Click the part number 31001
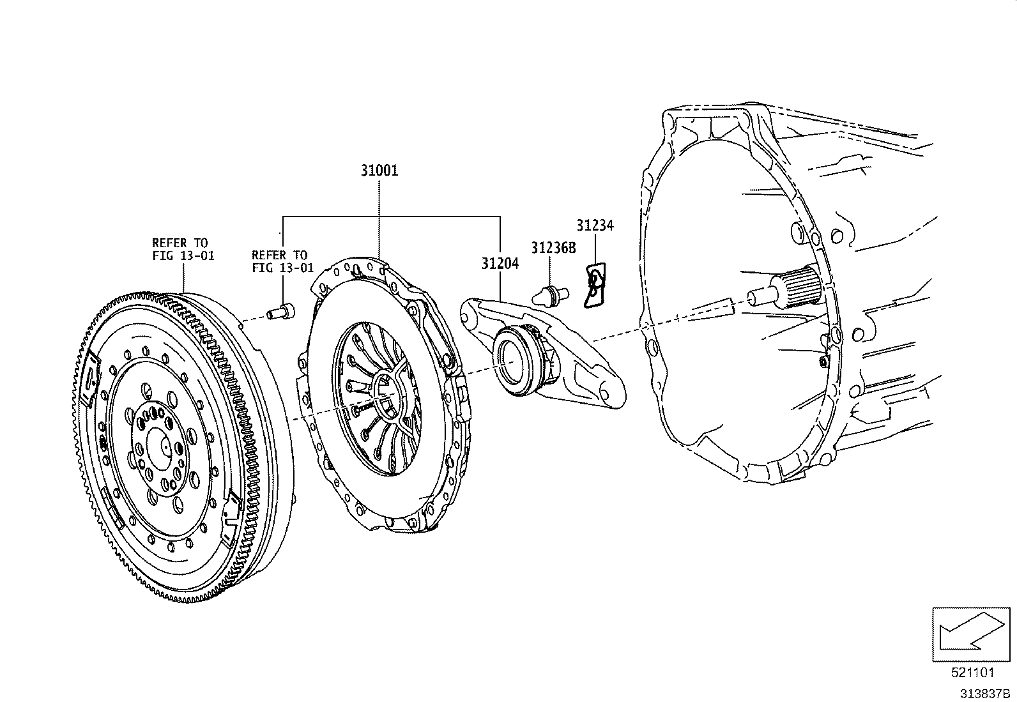379,171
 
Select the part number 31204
500,263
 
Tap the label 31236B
553,248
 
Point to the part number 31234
594,225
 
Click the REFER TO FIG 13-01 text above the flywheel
183,249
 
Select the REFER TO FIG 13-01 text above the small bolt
282,261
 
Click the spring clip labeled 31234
595,286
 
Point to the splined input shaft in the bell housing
799,288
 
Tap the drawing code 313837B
983,692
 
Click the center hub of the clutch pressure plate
386,399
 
